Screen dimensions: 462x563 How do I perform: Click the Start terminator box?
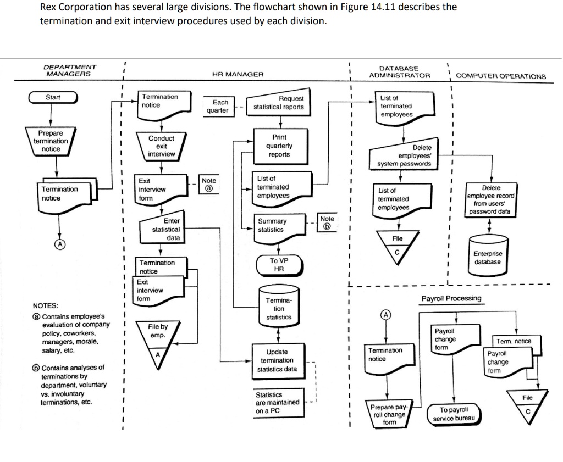53,98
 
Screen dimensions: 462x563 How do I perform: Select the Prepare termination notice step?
51,141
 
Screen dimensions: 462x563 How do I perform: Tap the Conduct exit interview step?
161,146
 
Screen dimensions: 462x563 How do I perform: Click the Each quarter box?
220,106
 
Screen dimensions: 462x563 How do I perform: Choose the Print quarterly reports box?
279,146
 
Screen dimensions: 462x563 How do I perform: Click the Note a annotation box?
209,184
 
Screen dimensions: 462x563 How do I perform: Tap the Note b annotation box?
327,222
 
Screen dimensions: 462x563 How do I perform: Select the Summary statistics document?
278,226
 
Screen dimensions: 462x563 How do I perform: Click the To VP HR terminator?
279,265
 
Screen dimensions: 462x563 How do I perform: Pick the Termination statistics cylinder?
279,309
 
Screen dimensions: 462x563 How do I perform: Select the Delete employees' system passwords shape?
405,155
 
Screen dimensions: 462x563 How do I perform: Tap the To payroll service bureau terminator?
454,414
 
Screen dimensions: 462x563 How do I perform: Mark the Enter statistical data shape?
162,229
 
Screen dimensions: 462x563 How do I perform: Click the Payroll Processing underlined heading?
451,298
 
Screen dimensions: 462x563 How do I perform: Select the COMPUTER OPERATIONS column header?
501,76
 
